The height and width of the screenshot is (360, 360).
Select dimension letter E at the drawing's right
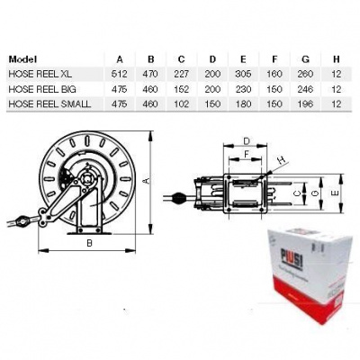click(335, 192)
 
